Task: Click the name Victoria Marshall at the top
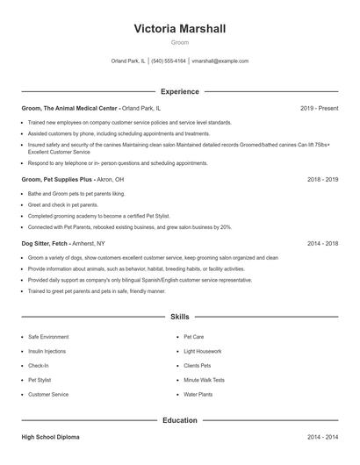[179, 28]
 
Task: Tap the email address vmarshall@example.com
[220, 61]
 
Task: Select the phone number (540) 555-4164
[169, 61]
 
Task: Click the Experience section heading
[179, 91]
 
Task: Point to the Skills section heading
[179, 316]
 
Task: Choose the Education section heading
[179, 420]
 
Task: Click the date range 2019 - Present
[319, 108]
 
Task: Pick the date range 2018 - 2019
[322, 179]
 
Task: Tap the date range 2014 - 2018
[322, 243]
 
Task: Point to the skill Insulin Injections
[47, 351]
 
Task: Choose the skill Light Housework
[202, 351]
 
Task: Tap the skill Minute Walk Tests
[204, 380]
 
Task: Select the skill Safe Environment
[48, 336]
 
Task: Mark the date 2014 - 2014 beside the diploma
[322, 436]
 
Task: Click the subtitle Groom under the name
[179, 42]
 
